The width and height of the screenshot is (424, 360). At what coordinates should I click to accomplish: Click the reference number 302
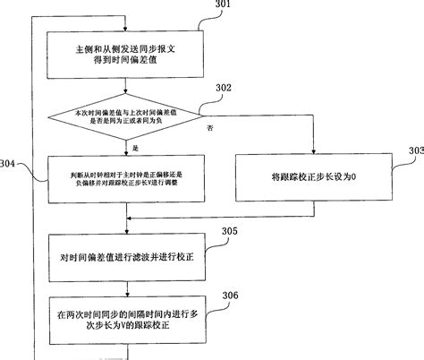pos(222,88)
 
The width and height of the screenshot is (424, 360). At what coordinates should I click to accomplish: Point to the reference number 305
pos(229,231)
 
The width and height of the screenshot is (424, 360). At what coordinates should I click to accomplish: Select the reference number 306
pos(229,295)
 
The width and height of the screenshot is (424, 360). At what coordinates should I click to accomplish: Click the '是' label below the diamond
pos(134,147)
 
